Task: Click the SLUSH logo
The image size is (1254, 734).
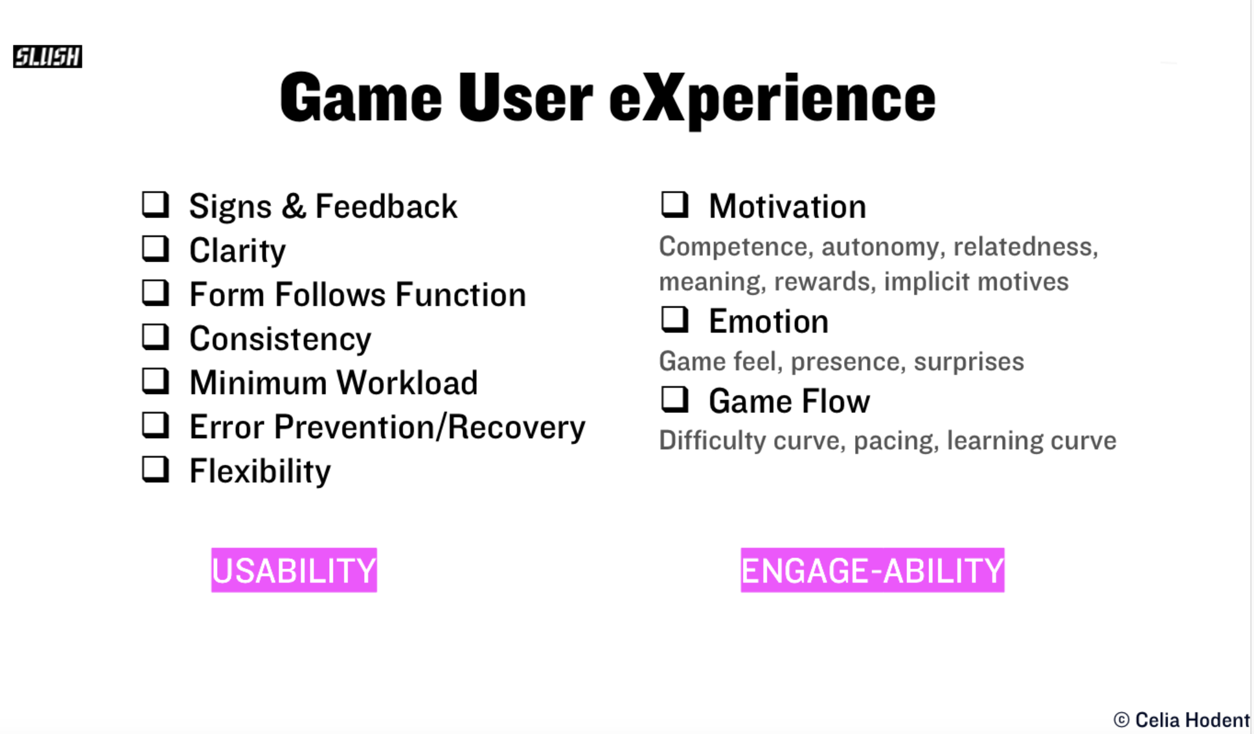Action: click(48, 56)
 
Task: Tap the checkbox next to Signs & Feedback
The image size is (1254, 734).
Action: click(156, 205)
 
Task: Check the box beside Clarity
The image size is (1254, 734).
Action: click(156, 249)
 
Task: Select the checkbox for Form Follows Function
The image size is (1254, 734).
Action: click(156, 293)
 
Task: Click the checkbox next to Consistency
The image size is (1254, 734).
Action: click(156, 337)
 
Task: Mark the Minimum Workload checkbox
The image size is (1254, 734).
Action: click(156, 381)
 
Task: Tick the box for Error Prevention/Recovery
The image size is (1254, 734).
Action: click(156, 425)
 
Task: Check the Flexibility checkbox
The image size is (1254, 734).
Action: click(156, 469)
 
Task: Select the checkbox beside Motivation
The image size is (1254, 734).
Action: click(675, 205)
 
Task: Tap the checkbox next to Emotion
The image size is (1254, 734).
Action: click(675, 320)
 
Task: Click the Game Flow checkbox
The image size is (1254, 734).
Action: click(675, 399)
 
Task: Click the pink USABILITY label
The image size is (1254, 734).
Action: click(294, 570)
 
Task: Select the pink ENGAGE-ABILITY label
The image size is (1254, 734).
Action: click(873, 570)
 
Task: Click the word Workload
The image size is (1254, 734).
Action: click(407, 383)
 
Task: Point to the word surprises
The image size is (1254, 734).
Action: click(969, 361)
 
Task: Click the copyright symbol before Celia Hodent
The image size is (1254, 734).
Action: click(1122, 720)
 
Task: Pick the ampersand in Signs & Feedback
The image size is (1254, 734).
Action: click(294, 206)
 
